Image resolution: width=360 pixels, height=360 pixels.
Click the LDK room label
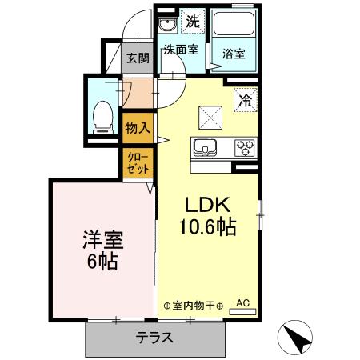206,204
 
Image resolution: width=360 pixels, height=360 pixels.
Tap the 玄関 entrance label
138,58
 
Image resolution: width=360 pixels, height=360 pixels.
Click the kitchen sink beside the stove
203,147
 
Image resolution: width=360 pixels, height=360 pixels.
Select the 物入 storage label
134,126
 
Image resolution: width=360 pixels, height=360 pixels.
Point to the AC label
244,302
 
